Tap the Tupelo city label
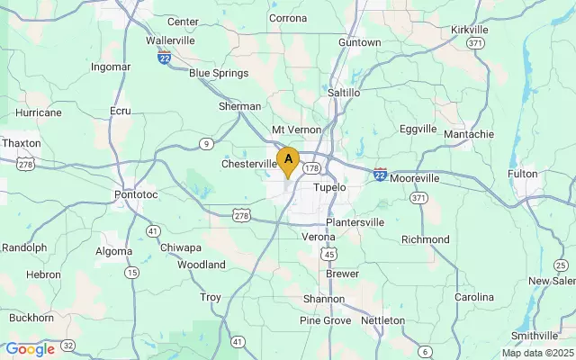coord(329,187)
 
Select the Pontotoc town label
coord(136,193)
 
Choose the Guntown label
coord(360,42)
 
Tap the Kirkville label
coord(469,30)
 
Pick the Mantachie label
coord(469,134)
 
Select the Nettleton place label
coord(383,319)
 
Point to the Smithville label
coord(535,336)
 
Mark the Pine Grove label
coord(325,320)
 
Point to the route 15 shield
coord(132,272)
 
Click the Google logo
coord(30,349)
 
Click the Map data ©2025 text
coord(537,353)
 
